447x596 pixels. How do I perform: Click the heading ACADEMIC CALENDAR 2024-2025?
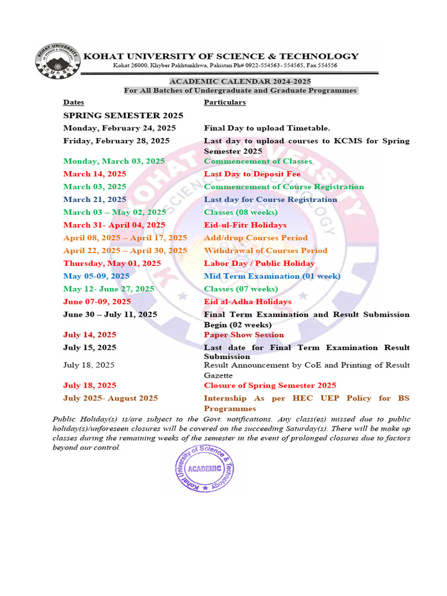click(x=240, y=81)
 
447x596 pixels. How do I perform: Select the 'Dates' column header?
click(x=73, y=102)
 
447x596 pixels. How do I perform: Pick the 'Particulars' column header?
click(x=225, y=102)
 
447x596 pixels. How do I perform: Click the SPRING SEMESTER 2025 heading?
click(x=123, y=115)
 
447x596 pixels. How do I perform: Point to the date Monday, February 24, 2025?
click(x=119, y=128)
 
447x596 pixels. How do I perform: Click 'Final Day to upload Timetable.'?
click(x=267, y=128)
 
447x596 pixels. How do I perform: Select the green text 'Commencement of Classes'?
click(x=258, y=161)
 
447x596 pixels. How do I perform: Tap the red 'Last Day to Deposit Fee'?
click(x=252, y=174)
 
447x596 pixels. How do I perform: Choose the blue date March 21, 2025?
click(x=95, y=200)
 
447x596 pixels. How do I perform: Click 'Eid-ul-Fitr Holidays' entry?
click(x=245, y=225)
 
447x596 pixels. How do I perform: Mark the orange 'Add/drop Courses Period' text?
click(x=256, y=238)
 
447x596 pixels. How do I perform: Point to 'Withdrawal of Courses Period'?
click(x=265, y=251)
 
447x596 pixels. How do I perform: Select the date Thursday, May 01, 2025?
click(x=112, y=264)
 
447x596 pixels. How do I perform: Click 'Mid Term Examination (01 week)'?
click(x=272, y=276)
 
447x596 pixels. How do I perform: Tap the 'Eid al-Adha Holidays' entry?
click(x=247, y=302)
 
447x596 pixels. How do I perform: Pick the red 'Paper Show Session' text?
click(x=244, y=335)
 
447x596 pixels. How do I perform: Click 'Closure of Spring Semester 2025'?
click(x=269, y=386)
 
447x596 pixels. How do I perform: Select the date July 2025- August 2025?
click(x=111, y=399)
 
